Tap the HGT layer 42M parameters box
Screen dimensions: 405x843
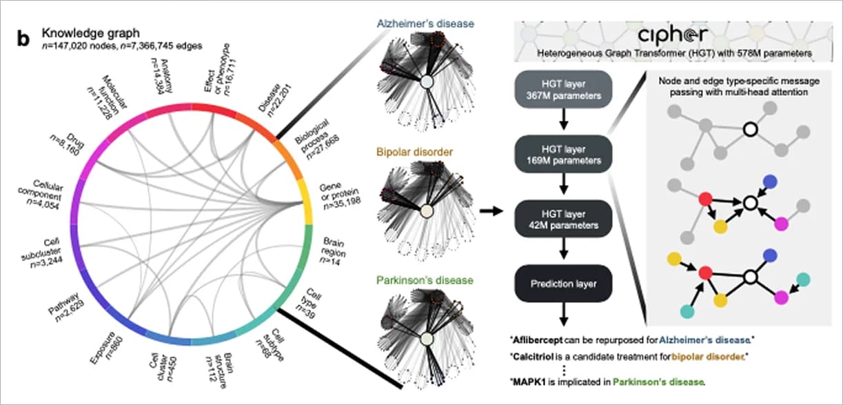563,219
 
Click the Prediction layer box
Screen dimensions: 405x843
563,284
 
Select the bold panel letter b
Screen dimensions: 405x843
23,39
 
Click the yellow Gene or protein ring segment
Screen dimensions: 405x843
305,200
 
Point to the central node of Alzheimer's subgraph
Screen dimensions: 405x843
426,81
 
